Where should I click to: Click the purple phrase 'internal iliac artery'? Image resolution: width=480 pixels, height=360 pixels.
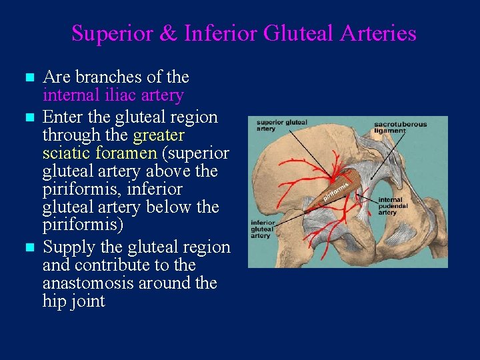coord(113,95)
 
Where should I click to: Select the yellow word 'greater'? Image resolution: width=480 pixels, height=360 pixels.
coord(159,135)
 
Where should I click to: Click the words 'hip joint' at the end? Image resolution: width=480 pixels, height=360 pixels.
coord(73,301)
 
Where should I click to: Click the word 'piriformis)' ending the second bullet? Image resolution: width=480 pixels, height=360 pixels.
coord(83,225)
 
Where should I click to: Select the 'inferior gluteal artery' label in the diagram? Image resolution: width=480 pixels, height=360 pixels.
coord(263,229)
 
